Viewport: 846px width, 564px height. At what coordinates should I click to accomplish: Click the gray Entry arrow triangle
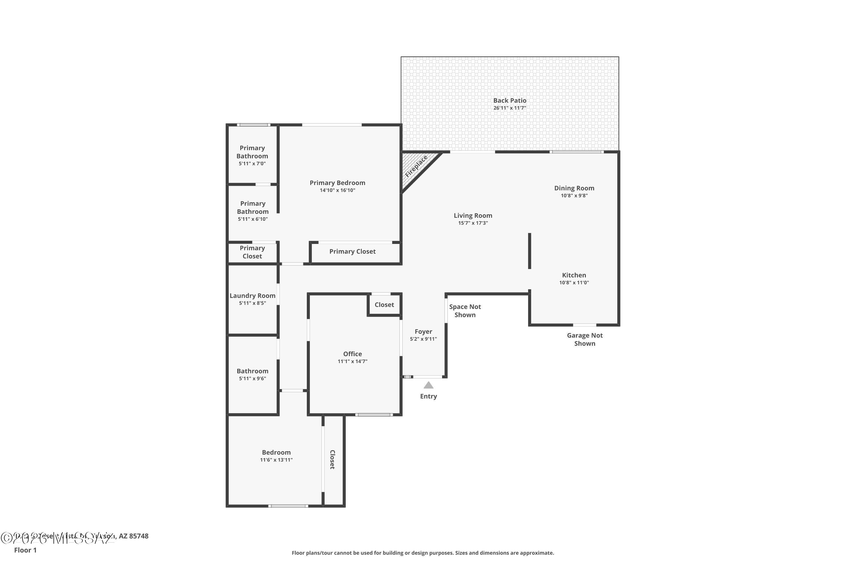click(428, 385)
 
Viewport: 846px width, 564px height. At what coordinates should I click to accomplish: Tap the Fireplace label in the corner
click(416, 167)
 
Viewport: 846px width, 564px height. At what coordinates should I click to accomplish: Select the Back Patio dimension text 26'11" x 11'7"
click(510, 108)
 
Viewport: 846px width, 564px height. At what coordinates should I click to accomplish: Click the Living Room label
click(473, 215)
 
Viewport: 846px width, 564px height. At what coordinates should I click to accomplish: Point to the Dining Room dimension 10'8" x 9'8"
click(574, 196)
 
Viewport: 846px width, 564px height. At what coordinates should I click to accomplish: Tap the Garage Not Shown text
click(585, 339)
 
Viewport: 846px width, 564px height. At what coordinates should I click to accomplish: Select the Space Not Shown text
click(465, 311)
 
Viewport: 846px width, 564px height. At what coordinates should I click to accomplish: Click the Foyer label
click(423, 332)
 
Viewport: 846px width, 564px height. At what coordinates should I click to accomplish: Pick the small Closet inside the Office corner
click(384, 305)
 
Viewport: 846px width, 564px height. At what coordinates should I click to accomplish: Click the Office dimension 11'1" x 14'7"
click(352, 362)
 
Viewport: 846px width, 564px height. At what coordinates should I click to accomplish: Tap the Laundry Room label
click(252, 296)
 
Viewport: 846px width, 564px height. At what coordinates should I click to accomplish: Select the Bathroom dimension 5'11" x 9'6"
click(252, 378)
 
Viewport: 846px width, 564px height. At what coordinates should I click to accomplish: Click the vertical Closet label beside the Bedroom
click(332, 459)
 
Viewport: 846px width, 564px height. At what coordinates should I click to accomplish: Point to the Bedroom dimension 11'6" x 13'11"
click(276, 460)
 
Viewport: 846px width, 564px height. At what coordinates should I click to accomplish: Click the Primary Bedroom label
click(337, 183)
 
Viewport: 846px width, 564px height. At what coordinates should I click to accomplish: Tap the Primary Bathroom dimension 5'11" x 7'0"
click(252, 164)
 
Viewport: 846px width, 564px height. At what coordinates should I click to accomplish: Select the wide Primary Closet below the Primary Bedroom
click(352, 252)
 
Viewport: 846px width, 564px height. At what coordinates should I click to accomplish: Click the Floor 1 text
click(25, 550)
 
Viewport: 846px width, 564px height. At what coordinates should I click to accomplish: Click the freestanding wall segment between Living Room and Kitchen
click(530, 251)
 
